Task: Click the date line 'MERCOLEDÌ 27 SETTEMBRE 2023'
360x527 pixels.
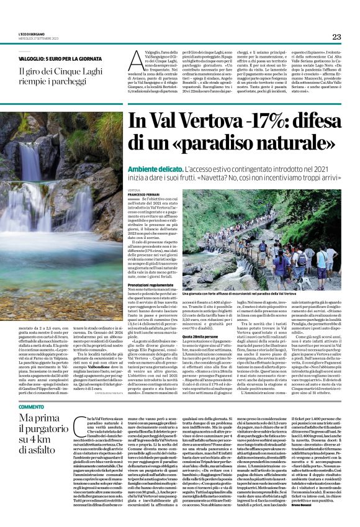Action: pyautogui.click(x=38, y=39)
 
